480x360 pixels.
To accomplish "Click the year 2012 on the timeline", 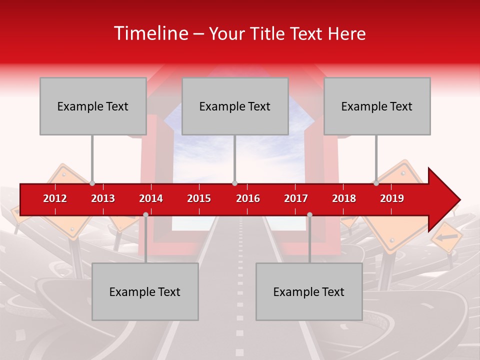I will coord(55,198).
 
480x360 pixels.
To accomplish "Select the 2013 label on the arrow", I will coord(103,198).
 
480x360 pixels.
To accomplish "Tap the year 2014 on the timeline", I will coord(151,198).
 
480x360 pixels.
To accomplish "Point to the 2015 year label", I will coord(199,198).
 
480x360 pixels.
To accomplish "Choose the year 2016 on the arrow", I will coord(248,198).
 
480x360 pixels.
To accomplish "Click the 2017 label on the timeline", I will coord(296,198).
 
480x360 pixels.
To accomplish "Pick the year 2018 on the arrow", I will coord(344,198).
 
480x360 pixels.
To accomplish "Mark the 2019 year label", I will coord(392,198).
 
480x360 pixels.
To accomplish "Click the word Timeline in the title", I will coord(150,33).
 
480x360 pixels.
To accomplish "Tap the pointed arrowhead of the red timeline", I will coord(447,200).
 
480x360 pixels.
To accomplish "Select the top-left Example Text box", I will coord(93,106).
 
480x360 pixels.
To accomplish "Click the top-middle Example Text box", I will coord(235,106).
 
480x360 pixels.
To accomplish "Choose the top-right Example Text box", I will coord(377,106).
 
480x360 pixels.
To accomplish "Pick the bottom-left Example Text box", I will coord(145,291).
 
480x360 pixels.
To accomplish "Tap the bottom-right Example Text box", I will coord(309,291).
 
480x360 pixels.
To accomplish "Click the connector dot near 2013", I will coord(92,183).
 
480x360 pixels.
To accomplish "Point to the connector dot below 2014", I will coord(145,214).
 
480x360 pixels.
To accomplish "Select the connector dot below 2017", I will coord(309,214).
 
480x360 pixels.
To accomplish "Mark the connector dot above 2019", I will coord(376,183).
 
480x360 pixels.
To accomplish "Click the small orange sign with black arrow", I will coord(446,237).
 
